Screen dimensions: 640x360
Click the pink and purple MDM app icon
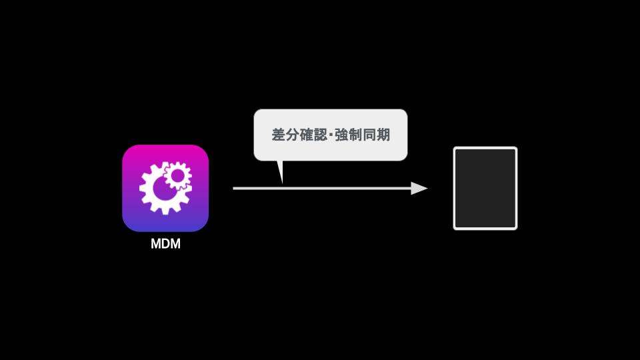tap(165, 188)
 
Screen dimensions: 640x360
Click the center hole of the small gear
tap(177, 176)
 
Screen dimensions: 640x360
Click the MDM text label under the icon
tap(165, 244)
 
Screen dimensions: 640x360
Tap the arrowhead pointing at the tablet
tap(419, 188)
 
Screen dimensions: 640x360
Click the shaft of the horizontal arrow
tap(322, 188)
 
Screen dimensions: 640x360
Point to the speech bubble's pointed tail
tap(280, 171)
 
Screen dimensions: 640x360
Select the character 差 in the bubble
tap(278, 135)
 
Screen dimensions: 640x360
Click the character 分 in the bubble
tap(292, 135)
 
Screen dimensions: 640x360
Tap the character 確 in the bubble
tap(306, 135)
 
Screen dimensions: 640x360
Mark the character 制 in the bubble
tap(355, 135)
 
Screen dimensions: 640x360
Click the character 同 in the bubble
tap(369, 135)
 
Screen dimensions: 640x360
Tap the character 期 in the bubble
tap(383, 135)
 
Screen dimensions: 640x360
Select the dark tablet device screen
tap(485, 188)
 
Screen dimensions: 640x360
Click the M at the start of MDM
tap(155, 244)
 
